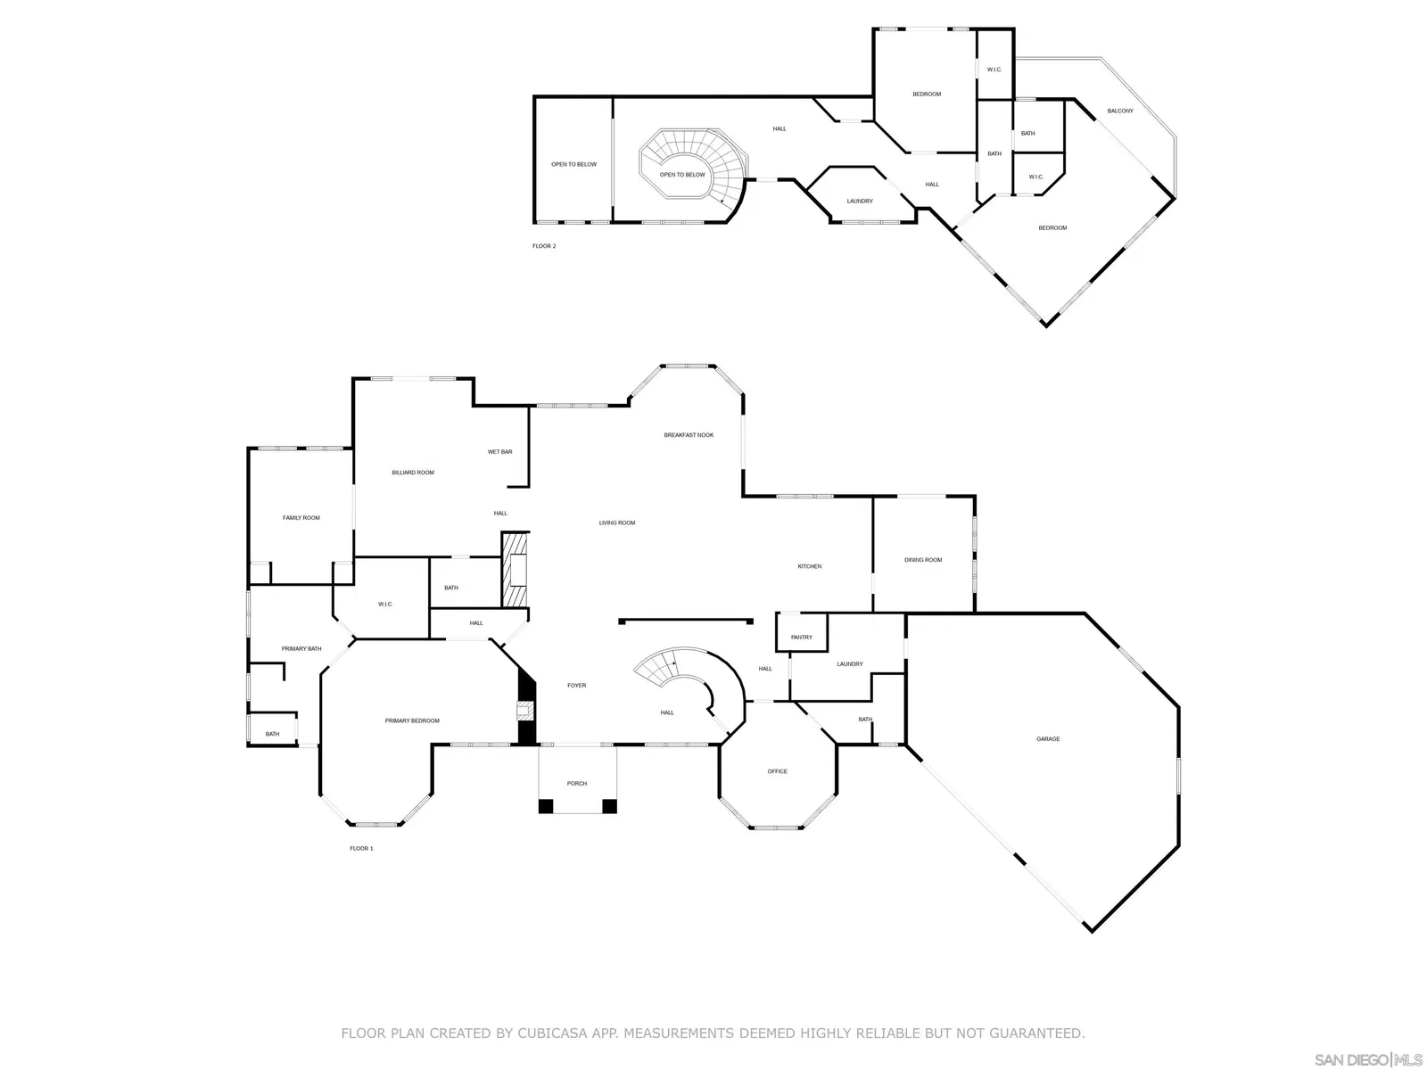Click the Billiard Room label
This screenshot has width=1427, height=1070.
point(413,473)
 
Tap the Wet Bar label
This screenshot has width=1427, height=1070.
point(500,451)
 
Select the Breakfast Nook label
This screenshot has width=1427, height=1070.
point(689,434)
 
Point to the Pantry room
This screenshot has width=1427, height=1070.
point(802,632)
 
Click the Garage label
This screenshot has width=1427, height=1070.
point(1048,738)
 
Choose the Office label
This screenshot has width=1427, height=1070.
point(777,771)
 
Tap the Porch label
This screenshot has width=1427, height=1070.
point(577,784)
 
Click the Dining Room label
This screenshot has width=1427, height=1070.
point(923,559)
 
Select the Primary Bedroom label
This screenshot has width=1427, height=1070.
point(412,720)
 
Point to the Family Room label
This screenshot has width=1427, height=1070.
point(301,518)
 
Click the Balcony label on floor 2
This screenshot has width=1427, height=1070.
point(1120,111)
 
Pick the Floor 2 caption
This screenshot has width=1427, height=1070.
point(544,246)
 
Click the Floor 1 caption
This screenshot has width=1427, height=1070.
point(361,849)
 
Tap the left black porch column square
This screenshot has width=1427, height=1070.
point(546,806)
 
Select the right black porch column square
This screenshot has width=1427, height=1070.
point(609,806)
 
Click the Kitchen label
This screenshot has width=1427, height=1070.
point(810,566)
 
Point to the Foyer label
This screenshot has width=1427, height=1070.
point(577,686)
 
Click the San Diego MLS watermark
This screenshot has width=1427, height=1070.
point(1368,1059)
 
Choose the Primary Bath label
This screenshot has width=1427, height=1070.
point(301,648)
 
